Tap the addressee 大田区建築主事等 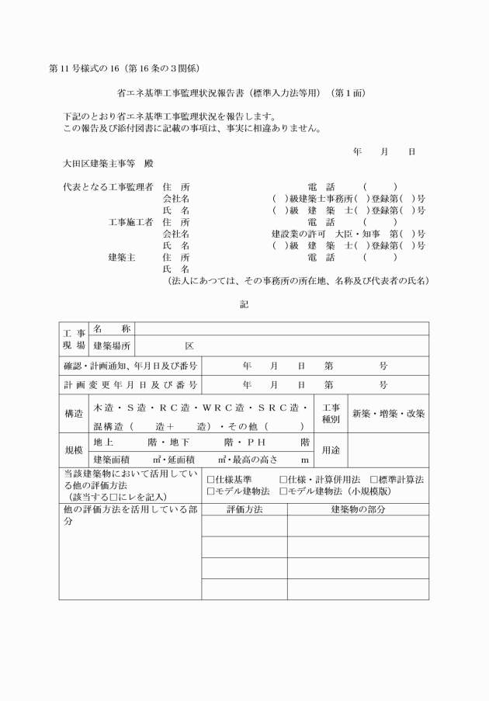pyautogui.click(x=102, y=165)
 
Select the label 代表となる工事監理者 pyautogui.click(x=108, y=187)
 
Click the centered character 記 pyautogui.click(x=244, y=304)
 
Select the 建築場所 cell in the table pyautogui.click(x=113, y=345)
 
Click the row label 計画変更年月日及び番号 pyautogui.click(x=130, y=384)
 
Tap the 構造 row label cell pyautogui.click(x=74, y=415)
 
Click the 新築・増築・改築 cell pyautogui.click(x=388, y=414)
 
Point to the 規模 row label pyautogui.click(x=74, y=449)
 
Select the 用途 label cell pyautogui.click(x=331, y=449)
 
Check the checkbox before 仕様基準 pyautogui.click(x=210, y=480)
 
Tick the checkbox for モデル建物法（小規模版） pyautogui.click(x=283, y=491)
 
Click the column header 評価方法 pyautogui.click(x=244, y=509)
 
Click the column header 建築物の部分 pyautogui.click(x=358, y=509)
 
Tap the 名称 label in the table pyautogui.click(x=113, y=329)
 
